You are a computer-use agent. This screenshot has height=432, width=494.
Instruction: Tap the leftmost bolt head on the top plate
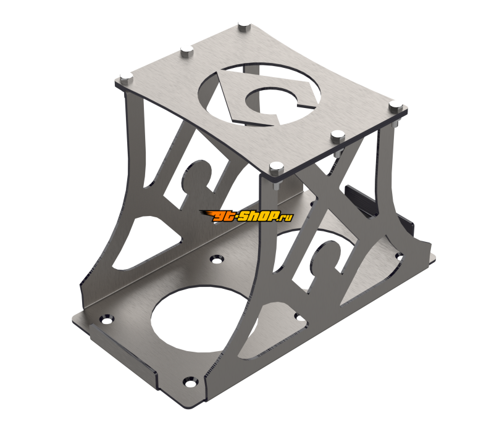point(126,78)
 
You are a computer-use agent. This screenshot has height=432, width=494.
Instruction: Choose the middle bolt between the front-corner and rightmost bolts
point(337,135)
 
